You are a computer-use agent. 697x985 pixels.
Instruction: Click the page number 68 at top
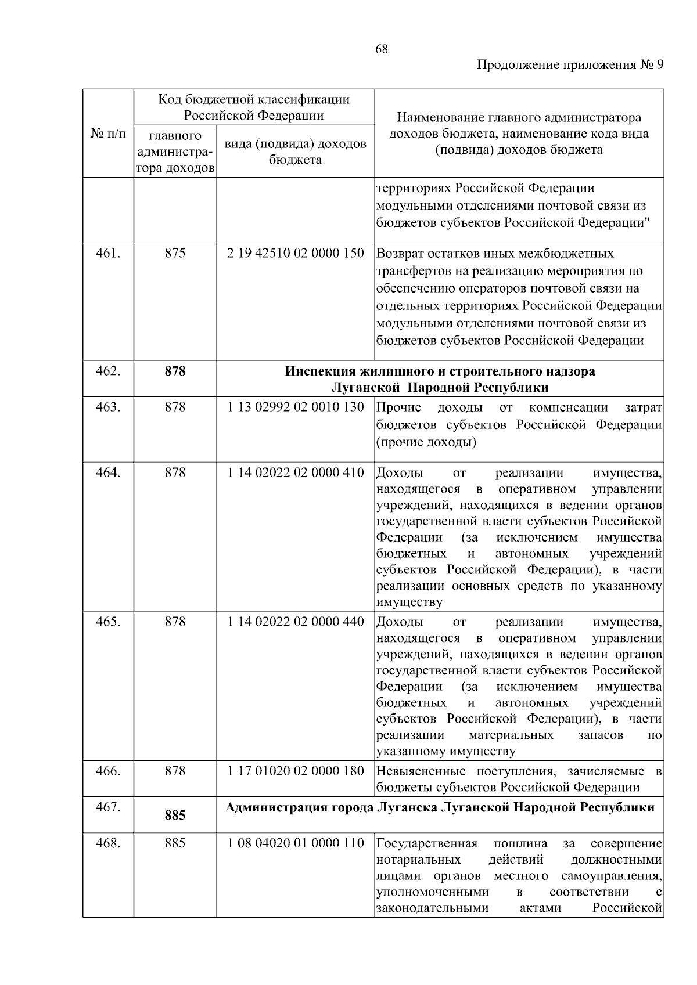click(x=382, y=49)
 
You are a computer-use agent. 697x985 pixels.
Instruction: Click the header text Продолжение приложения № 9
click(x=569, y=65)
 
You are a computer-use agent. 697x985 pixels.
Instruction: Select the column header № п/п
click(x=108, y=134)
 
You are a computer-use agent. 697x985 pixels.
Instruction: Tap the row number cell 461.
click(x=108, y=254)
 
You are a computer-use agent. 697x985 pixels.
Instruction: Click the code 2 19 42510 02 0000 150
click(x=296, y=254)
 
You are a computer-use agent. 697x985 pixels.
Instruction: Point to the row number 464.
click(x=108, y=472)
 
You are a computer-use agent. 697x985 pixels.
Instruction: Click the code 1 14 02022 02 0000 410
click(x=296, y=472)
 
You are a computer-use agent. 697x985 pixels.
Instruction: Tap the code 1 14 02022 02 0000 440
click(x=296, y=622)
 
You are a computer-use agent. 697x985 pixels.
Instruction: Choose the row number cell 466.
click(x=108, y=771)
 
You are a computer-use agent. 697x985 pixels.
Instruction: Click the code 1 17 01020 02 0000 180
click(x=296, y=771)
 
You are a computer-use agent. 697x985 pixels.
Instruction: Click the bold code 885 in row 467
click(x=175, y=816)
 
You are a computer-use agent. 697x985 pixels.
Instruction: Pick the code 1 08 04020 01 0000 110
click(x=296, y=843)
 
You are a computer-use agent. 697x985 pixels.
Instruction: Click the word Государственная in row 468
click(x=427, y=843)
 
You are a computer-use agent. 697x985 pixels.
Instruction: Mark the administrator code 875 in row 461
click(x=175, y=254)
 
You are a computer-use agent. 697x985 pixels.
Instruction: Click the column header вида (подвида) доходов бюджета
click(x=296, y=151)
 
